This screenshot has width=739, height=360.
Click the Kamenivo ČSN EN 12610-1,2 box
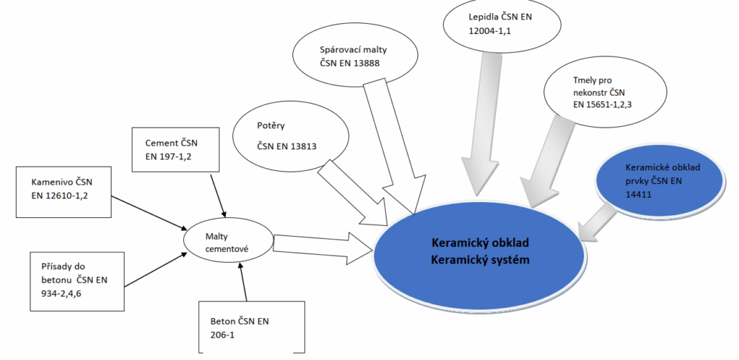[64, 190]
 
